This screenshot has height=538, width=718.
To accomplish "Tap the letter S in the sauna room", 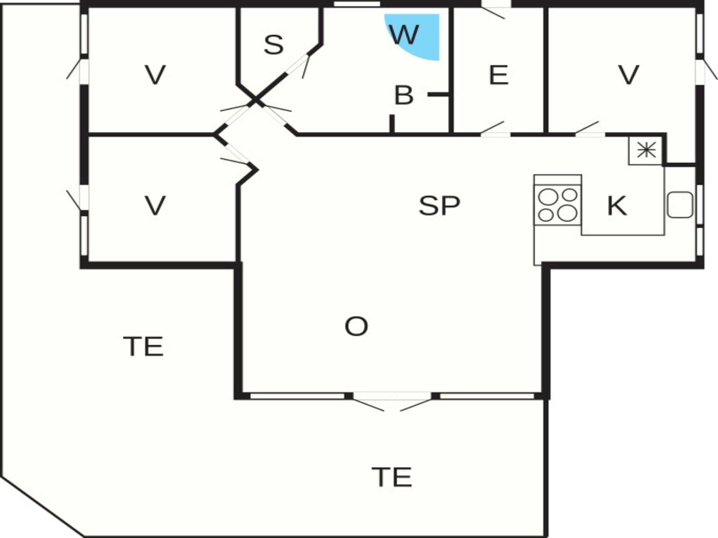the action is click(274, 45).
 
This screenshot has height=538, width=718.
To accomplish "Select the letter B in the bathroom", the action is click(404, 95).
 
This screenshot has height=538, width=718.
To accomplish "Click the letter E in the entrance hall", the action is click(498, 75).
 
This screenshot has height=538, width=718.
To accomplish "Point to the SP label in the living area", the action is click(439, 205).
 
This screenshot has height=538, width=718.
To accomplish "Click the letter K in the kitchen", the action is click(617, 205).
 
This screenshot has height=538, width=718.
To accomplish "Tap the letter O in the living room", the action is click(356, 326).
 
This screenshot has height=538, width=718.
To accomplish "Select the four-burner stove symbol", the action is click(558, 205).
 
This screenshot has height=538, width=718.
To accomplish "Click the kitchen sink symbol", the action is click(680, 205).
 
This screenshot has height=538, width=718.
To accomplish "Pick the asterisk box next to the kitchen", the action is click(646, 151).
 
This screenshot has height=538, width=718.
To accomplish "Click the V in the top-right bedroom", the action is click(629, 75).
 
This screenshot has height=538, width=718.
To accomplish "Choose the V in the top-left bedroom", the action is click(155, 75).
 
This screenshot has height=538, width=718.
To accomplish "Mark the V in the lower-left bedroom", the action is click(155, 205).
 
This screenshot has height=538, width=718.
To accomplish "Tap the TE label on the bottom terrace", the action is click(392, 477).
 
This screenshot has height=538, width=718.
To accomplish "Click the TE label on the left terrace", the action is click(143, 346).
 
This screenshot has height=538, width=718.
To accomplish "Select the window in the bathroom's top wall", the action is click(357, 4).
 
